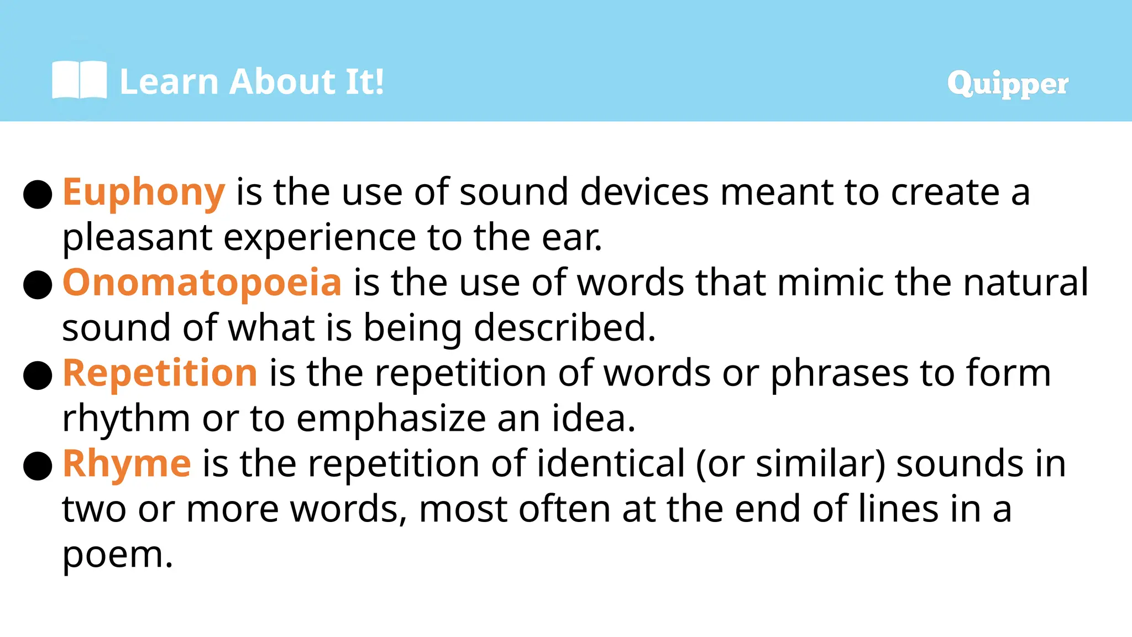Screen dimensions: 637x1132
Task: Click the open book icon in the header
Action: tap(79, 81)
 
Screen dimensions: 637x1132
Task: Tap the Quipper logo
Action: tap(1007, 84)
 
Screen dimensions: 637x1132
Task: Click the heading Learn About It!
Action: tap(251, 82)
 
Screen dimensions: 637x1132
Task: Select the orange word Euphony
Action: tap(144, 193)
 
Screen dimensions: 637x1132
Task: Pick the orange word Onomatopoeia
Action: tap(202, 283)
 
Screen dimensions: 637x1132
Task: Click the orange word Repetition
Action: tap(160, 373)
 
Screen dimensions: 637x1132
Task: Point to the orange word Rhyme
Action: tap(127, 463)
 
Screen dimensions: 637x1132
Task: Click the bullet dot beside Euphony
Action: tap(38, 194)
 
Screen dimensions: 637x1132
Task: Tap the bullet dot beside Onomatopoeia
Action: tap(38, 285)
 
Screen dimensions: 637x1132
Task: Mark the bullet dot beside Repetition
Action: tap(38, 375)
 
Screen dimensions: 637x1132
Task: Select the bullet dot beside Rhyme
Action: tap(38, 466)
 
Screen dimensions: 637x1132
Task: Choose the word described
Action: tap(564, 328)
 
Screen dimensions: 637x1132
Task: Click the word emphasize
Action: tap(391, 419)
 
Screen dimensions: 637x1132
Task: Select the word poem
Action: tap(117, 555)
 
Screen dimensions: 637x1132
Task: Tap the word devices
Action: tap(644, 193)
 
